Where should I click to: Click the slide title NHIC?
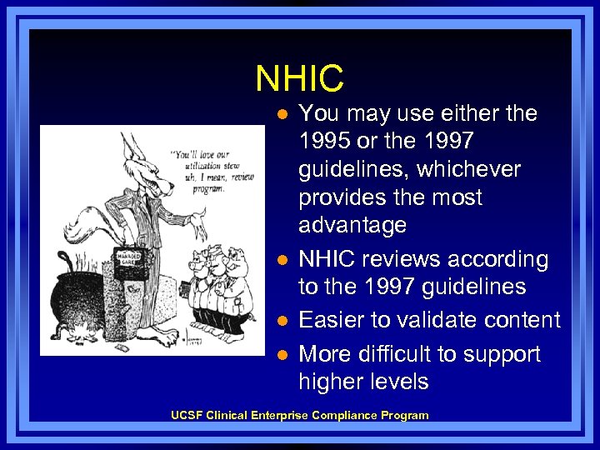click(x=299, y=79)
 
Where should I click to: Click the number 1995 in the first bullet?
click(x=327, y=142)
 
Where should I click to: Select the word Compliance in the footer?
click(x=342, y=415)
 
